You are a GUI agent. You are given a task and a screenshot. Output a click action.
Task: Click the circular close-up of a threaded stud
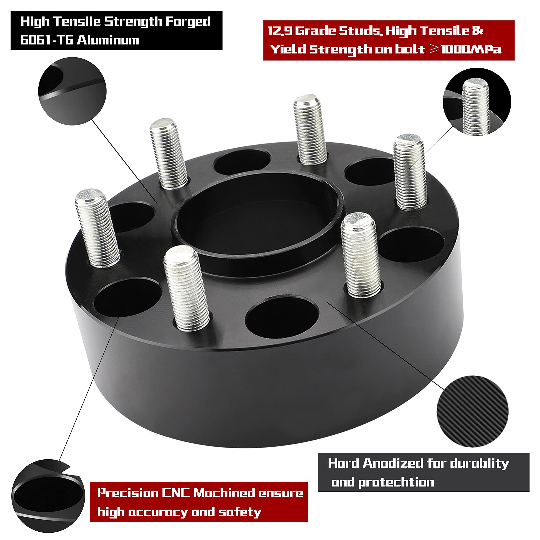click(x=477, y=102)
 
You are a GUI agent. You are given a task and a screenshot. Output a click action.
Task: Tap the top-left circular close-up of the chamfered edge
click(x=72, y=91)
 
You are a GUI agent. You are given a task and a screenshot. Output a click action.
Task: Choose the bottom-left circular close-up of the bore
click(x=48, y=496)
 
